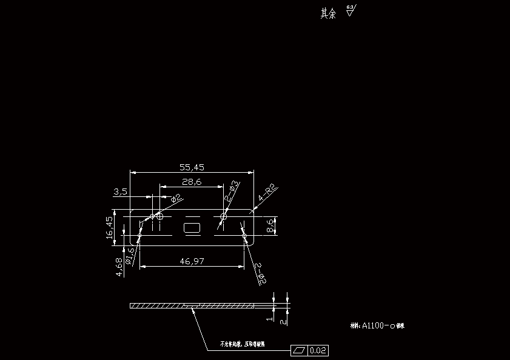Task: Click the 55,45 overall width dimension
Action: point(192,167)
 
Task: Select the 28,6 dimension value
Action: point(192,182)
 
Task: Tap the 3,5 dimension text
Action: point(120,192)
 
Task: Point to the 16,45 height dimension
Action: point(110,227)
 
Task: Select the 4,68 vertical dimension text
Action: point(119,267)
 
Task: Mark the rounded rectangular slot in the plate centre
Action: point(192,227)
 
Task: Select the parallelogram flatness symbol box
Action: point(300,350)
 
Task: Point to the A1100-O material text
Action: point(378,325)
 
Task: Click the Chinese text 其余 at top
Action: point(328,13)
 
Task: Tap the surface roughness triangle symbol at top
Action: point(351,11)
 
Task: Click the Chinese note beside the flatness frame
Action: point(242,344)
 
